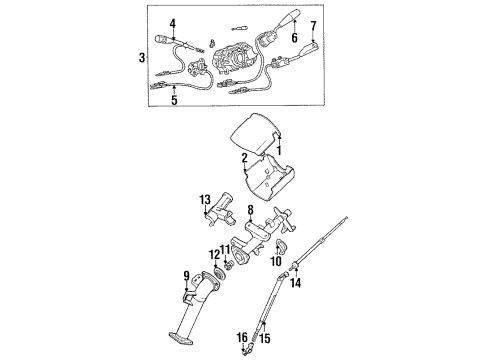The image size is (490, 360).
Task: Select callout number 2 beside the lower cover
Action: [243, 157]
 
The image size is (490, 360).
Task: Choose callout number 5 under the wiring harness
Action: [174, 100]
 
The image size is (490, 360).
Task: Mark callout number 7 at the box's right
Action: [312, 24]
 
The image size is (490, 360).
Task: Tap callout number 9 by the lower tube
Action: [185, 276]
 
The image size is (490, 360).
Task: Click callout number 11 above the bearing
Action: [225, 249]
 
